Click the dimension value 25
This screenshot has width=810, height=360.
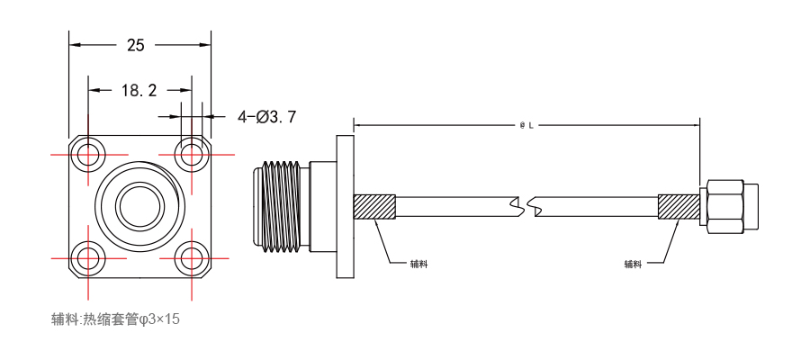point(136,46)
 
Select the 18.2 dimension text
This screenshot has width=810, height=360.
point(139,91)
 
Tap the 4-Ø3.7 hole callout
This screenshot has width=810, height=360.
point(266,117)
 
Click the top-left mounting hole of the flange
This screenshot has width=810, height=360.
point(88,154)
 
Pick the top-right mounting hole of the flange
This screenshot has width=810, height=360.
point(192,154)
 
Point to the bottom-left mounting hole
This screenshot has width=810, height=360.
point(88,257)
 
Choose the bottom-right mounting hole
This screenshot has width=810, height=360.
point(192,257)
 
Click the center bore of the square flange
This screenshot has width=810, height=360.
point(140,205)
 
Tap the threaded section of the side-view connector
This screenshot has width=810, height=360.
point(280,207)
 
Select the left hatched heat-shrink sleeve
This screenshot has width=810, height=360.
point(374,207)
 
